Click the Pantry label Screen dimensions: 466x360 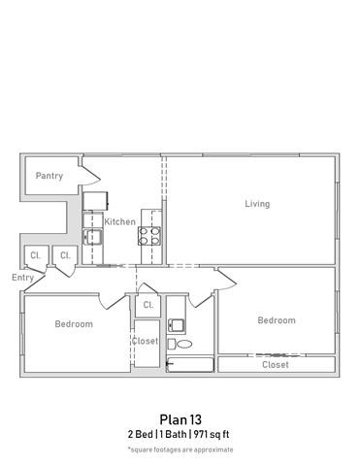click(49, 176)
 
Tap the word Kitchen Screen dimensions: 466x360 click(120, 221)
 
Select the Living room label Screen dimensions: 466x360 click(257, 204)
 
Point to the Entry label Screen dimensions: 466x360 click(22, 278)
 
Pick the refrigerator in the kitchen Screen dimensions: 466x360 click(94, 201)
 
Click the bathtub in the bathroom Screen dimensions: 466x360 click(190, 365)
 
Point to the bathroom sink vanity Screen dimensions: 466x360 click(176, 325)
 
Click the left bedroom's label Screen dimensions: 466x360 click(74, 324)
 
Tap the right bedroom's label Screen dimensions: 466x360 click(276, 320)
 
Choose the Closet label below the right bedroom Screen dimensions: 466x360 click(276, 365)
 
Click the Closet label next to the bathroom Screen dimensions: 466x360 click(145, 341)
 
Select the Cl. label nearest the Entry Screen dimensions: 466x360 click(35, 255)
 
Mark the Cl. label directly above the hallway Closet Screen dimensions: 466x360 click(148, 305)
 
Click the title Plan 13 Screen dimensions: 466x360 click(180, 419)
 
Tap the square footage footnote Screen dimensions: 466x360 click(180, 449)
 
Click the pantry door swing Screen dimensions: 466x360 click(90, 176)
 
